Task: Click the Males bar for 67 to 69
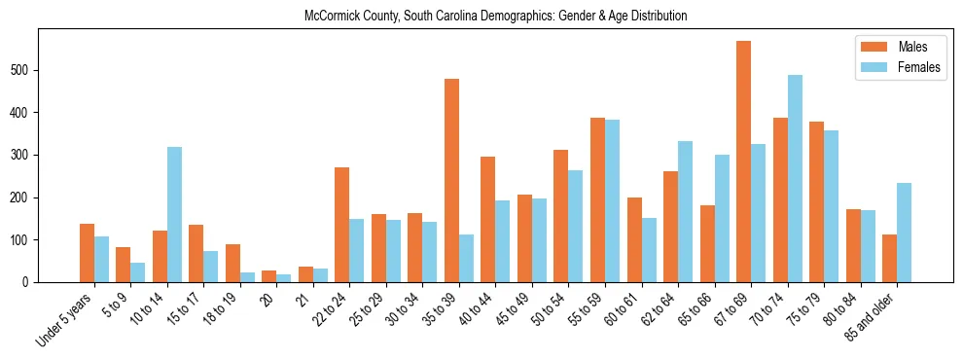(x=743, y=162)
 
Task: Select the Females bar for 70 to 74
(x=795, y=178)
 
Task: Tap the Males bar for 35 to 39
(x=451, y=180)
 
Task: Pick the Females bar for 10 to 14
(x=174, y=214)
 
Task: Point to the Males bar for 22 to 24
(x=342, y=225)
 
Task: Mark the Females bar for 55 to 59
(x=612, y=200)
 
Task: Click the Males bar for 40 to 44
(x=488, y=219)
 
